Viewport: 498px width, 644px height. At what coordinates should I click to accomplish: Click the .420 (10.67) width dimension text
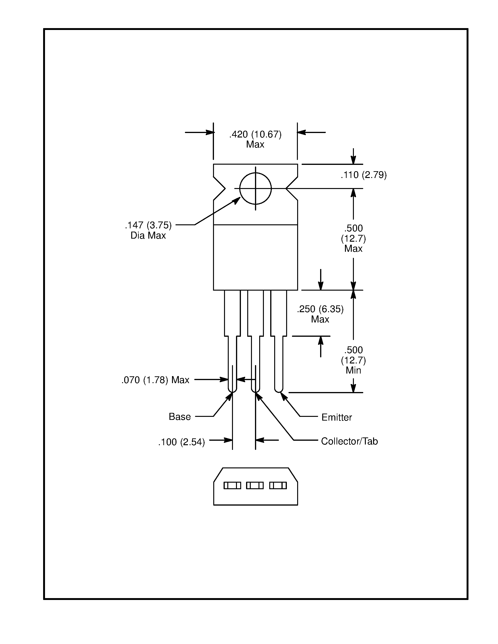(x=255, y=134)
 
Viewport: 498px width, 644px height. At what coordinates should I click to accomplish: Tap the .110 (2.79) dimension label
(x=363, y=175)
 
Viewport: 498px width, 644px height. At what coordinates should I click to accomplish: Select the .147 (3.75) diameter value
(x=148, y=225)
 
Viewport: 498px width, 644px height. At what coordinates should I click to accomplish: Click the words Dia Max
(x=148, y=236)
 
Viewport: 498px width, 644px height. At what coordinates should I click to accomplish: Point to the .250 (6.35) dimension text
(x=320, y=309)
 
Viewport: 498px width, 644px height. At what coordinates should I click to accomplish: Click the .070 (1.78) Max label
(x=155, y=380)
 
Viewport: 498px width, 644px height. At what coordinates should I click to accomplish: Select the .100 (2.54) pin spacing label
(x=181, y=442)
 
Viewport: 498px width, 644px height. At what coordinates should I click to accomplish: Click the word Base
(x=180, y=417)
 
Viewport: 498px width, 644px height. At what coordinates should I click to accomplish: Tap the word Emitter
(x=337, y=417)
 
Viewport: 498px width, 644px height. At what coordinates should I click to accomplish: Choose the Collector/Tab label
(x=349, y=441)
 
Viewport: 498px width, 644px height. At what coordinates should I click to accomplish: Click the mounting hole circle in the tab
(x=255, y=189)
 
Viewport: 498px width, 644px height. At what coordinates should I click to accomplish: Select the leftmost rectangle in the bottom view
(x=232, y=485)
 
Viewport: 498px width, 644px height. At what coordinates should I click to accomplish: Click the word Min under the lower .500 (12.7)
(x=353, y=370)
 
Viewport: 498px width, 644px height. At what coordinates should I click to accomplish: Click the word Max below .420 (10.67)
(x=255, y=144)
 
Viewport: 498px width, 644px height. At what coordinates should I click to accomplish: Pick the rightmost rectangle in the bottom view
(x=278, y=485)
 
